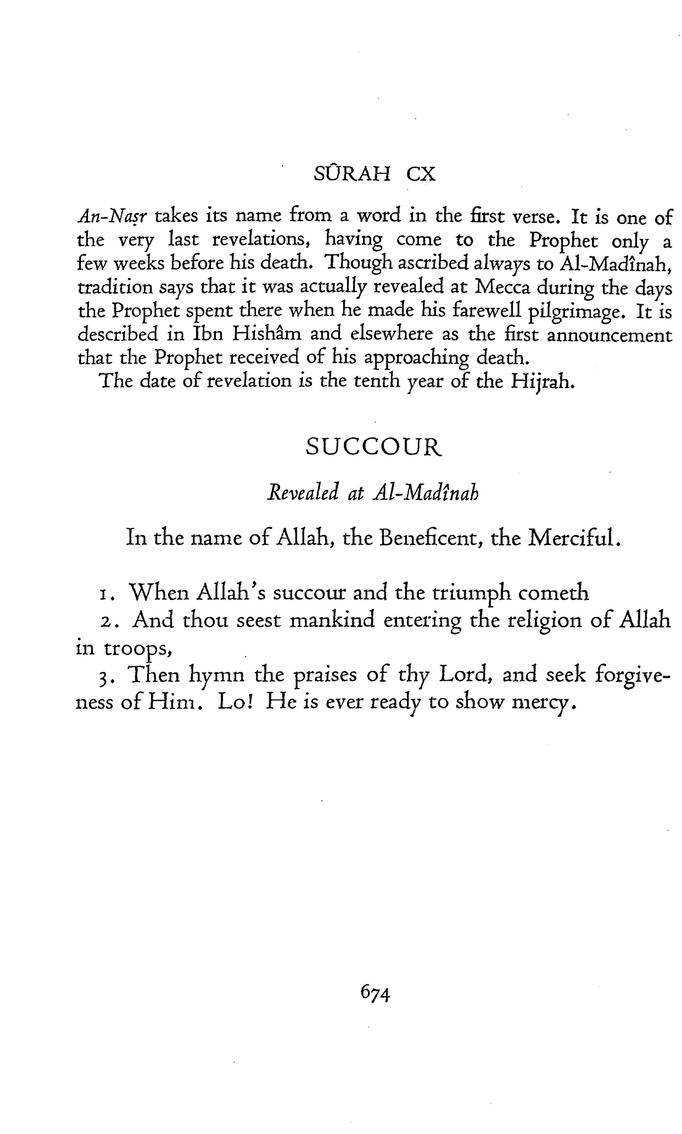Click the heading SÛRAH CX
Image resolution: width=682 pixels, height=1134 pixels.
(x=374, y=175)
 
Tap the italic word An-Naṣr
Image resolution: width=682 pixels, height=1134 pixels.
(x=112, y=217)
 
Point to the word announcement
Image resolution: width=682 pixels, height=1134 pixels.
(x=609, y=335)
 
